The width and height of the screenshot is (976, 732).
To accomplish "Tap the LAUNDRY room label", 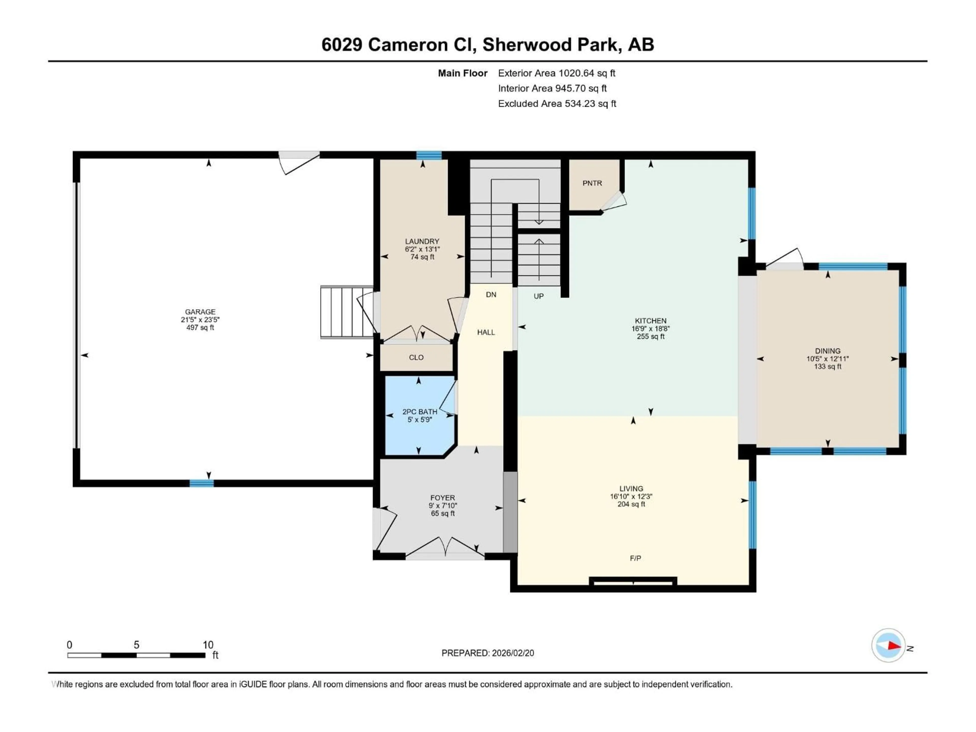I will pos(422,241).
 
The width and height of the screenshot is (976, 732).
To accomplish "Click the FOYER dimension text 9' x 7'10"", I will pos(443,506).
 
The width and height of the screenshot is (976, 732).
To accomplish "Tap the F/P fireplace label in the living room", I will pos(635,558).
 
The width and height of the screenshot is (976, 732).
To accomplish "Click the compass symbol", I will pos(888,646).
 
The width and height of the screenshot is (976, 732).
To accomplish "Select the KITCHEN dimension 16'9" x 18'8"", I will pos(650,329).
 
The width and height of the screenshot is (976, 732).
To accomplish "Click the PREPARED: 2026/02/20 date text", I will pos(487,653).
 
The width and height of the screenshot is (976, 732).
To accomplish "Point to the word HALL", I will pos(486,332).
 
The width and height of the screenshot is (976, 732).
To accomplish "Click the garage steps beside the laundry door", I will pos(346,312).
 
